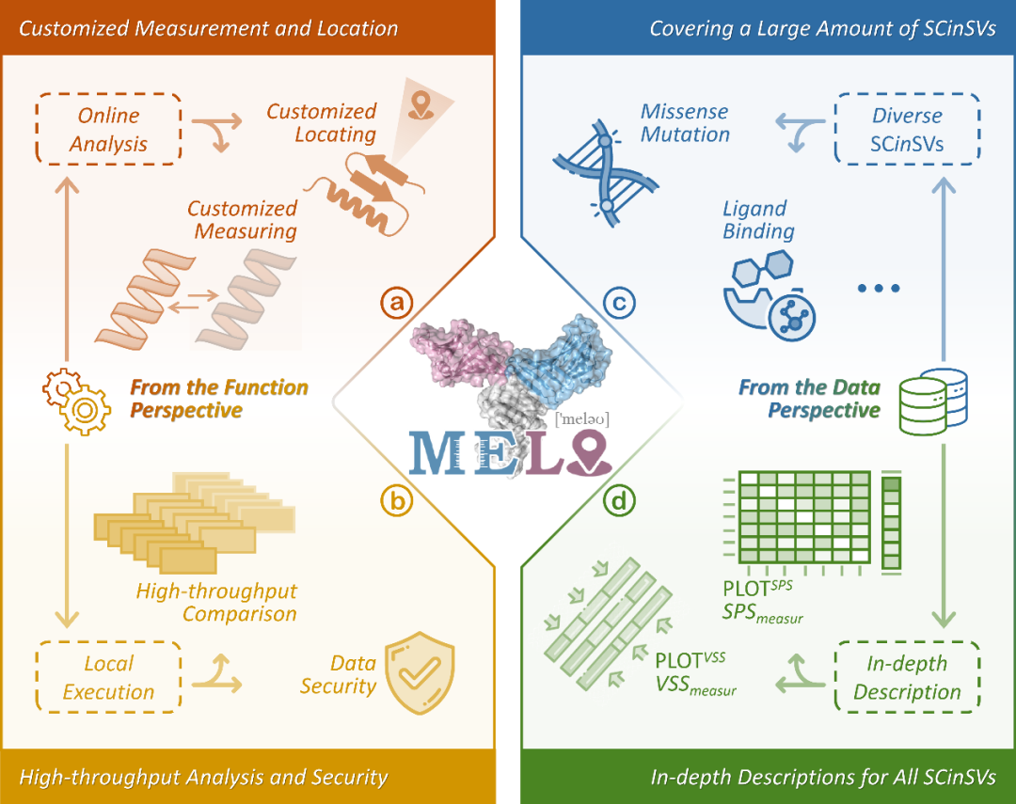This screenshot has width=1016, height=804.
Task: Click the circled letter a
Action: click(x=397, y=303)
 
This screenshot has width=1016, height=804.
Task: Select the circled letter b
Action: click(x=397, y=502)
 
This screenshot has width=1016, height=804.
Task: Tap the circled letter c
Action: click(x=619, y=303)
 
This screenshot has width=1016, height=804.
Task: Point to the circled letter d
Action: click(x=619, y=502)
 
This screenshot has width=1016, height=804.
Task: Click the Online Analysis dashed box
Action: click(x=108, y=130)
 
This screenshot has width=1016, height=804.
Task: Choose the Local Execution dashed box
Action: click(x=108, y=678)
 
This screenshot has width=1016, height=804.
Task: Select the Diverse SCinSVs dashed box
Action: click(x=907, y=130)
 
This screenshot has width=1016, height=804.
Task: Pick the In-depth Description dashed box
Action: click(x=907, y=678)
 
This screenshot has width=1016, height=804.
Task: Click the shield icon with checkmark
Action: click(x=420, y=670)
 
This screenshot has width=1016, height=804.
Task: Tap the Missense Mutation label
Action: click(x=685, y=123)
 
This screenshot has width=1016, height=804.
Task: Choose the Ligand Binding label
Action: click(x=758, y=220)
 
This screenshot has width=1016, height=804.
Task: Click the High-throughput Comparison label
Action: click(x=216, y=603)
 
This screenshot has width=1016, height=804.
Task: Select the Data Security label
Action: click(x=338, y=674)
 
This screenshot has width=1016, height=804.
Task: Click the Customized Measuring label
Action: click(x=242, y=219)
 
